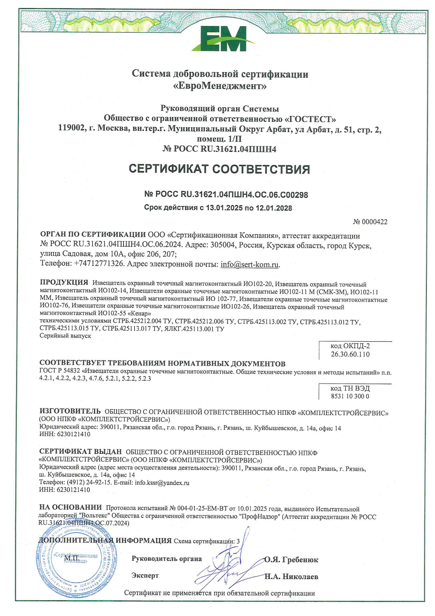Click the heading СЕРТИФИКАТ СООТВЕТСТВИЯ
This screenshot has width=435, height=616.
(219, 169)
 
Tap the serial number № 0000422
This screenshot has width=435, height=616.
(370, 222)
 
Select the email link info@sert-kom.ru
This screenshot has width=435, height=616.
(250, 264)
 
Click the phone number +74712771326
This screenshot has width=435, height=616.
(99, 264)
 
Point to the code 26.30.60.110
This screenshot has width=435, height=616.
(350, 354)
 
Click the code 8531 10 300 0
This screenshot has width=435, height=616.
(350, 396)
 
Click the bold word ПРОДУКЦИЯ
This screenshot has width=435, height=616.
(64, 282)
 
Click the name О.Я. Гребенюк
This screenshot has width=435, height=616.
(291, 560)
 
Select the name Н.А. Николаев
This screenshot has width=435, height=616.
(291, 577)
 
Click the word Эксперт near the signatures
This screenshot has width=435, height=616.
(145, 576)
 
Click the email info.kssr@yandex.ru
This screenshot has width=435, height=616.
(162, 483)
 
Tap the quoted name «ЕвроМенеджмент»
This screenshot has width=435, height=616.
(219, 86)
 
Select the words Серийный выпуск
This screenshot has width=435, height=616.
(65, 336)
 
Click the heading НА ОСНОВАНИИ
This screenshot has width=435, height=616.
(71, 507)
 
